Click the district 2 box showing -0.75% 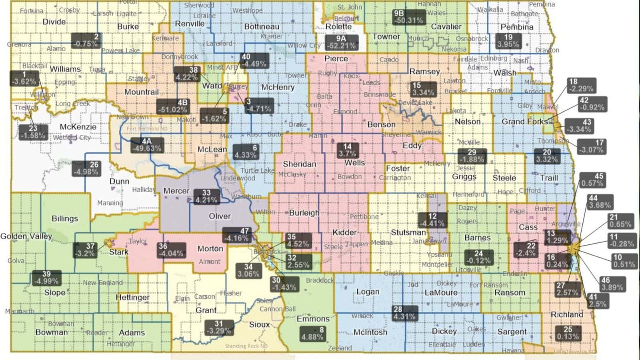85,40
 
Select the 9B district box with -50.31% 408,17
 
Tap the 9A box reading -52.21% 341,42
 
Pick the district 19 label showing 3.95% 508,41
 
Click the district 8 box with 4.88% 312,334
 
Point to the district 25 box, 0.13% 568,333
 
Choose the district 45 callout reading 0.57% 592,180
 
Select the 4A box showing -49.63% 146,145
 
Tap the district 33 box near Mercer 206,196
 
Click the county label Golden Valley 26,236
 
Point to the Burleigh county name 304,213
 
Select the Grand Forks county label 524,121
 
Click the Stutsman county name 408,232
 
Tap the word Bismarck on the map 267,252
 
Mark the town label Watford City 72,137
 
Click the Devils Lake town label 415,103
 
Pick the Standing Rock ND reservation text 246,346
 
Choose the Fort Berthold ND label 147,129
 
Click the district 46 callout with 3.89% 612,284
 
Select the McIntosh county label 370,332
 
